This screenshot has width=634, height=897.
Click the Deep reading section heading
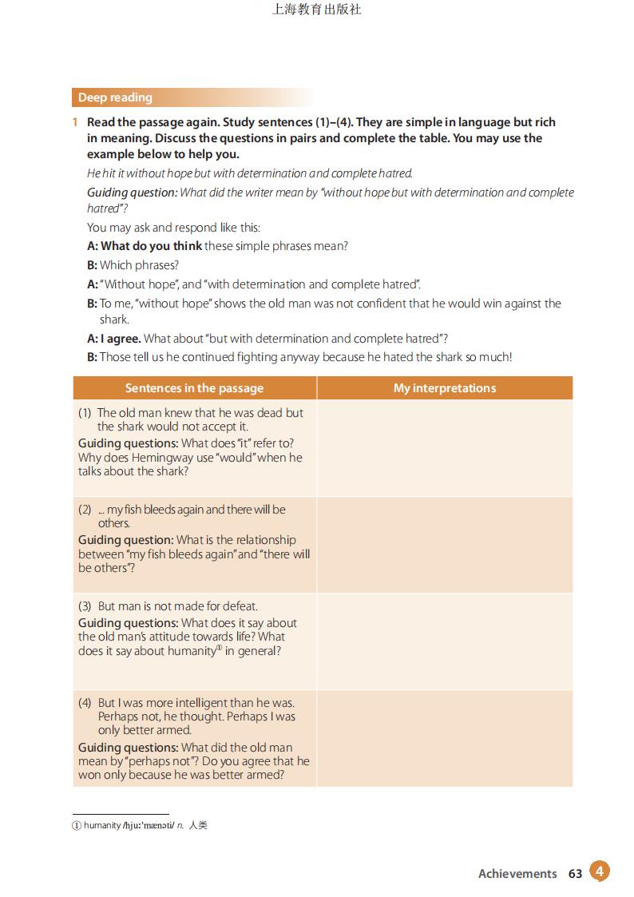[x=115, y=97]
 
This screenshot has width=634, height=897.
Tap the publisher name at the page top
[x=317, y=10]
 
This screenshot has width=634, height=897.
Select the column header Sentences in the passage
[x=194, y=388]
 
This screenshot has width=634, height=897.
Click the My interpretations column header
[x=445, y=388]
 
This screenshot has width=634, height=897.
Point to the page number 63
[x=576, y=873]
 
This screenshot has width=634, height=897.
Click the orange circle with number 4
[x=600, y=871]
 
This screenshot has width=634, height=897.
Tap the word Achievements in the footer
[x=517, y=873]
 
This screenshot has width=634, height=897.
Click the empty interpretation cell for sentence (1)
[x=445, y=448]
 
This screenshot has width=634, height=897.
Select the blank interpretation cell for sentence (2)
[x=445, y=545]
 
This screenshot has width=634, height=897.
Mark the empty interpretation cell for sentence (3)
[x=445, y=641]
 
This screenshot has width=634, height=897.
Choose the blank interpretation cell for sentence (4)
[x=445, y=738]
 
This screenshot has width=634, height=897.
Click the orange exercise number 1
[x=74, y=122]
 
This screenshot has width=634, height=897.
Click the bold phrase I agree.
[x=120, y=339]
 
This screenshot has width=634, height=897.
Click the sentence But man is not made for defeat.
[x=177, y=606]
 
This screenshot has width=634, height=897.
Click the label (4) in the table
[x=85, y=703]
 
